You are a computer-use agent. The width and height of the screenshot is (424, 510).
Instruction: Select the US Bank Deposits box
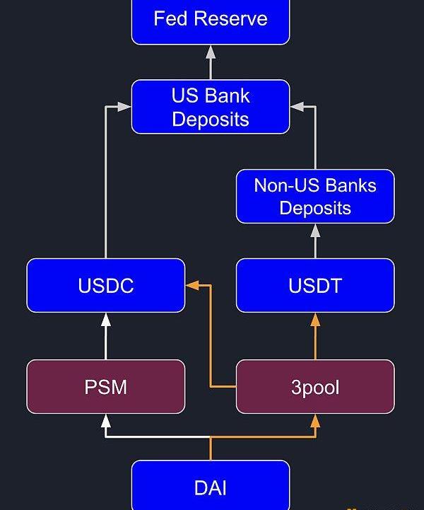click(211, 107)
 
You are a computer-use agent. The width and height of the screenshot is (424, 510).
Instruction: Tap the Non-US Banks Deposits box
click(315, 197)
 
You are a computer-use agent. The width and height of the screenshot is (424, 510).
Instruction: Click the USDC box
click(106, 286)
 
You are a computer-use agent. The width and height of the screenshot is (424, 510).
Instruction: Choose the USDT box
click(315, 286)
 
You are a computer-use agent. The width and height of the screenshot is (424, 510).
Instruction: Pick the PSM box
click(106, 387)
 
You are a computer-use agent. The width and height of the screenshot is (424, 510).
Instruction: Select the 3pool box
click(315, 387)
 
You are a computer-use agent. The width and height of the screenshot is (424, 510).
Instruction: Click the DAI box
click(211, 487)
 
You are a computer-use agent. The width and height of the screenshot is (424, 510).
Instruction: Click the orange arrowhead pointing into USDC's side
click(192, 286)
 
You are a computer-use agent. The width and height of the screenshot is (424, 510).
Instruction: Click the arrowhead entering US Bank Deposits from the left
click(125, 107)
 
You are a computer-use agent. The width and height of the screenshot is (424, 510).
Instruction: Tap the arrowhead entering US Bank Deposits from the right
click(296, 107)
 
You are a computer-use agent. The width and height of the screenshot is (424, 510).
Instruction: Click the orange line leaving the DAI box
click(211, 448)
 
